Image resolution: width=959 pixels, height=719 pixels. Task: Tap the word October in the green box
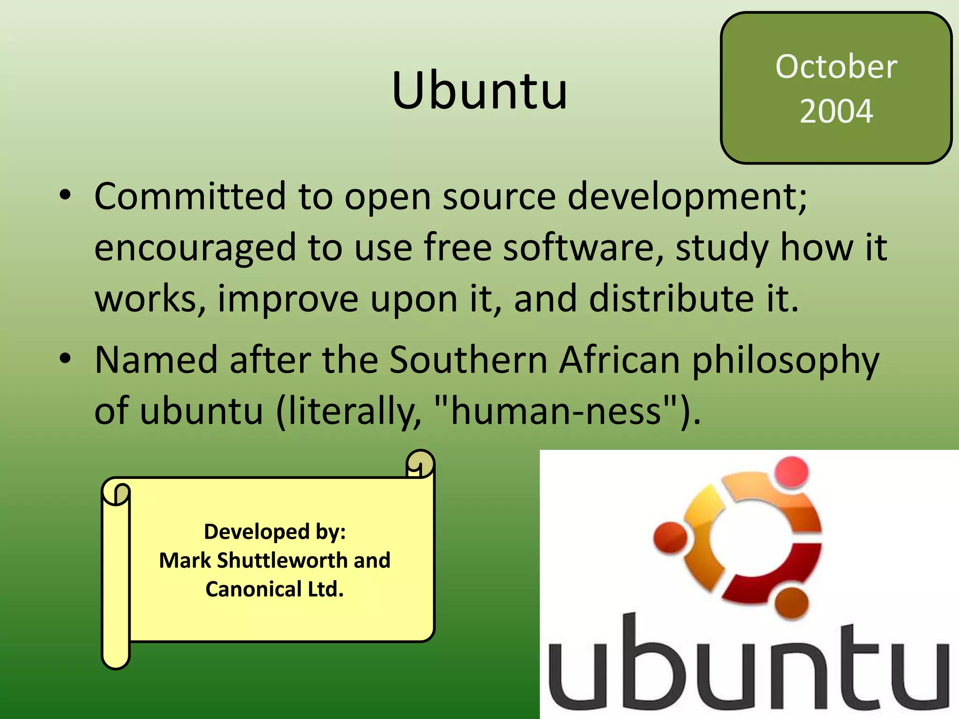[836, 66]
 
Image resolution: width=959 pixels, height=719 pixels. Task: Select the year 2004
[836, 111]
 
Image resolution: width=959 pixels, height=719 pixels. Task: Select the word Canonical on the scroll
[253, 589]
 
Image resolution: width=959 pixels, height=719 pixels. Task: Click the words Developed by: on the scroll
[275, 532]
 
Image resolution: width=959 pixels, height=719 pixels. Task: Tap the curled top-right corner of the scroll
[420, 464]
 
